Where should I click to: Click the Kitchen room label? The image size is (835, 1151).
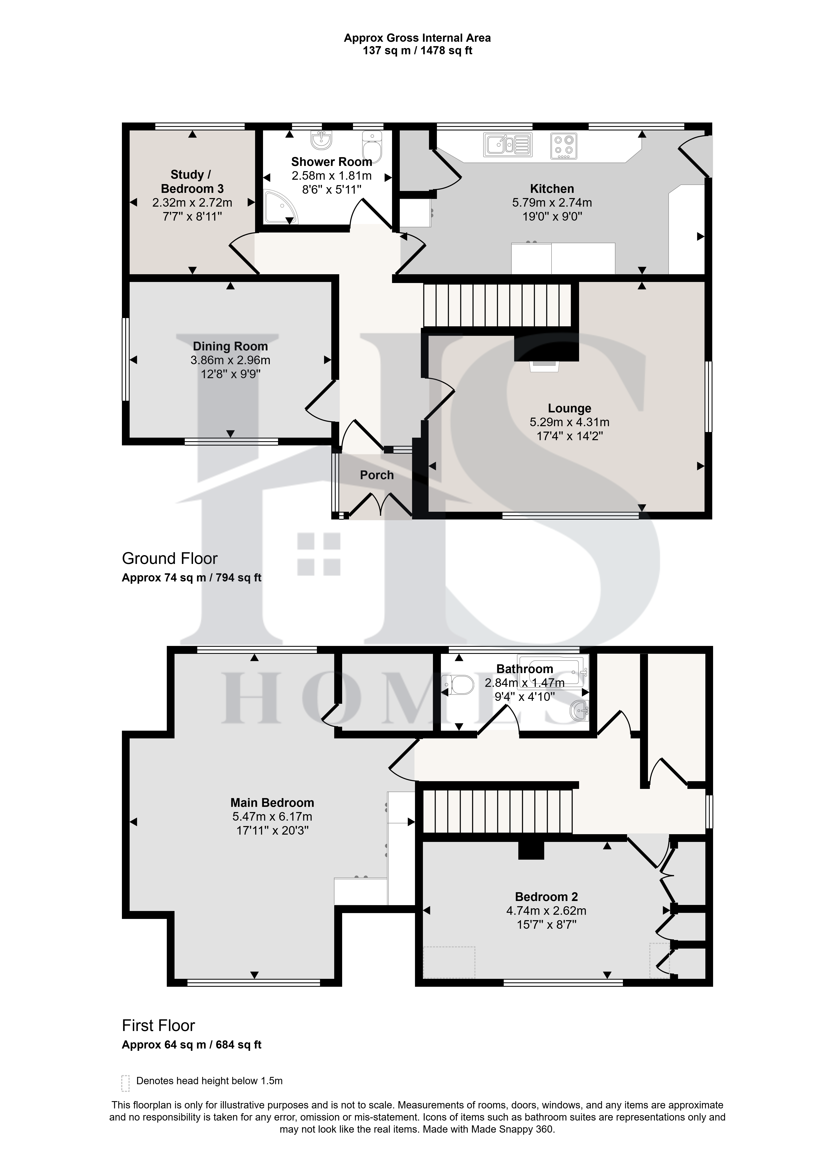(552, 189)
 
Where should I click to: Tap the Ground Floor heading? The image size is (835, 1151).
(170, 559)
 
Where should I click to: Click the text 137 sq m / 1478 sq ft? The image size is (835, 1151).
(417, 51)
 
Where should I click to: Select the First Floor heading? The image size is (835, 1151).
(158, 1026)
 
